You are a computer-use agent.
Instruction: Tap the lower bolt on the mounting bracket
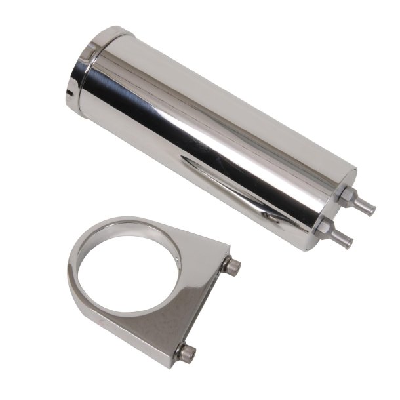click(187, 351)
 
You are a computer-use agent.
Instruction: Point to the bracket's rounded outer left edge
click(71, 275)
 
